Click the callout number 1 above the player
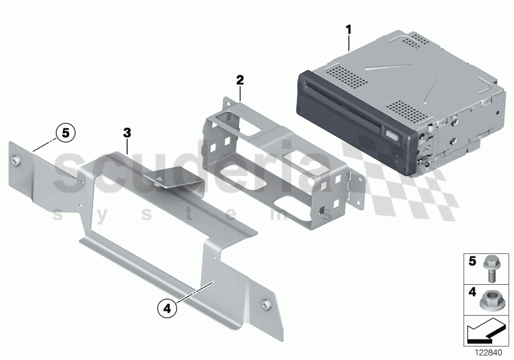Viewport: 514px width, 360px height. pos(349,29)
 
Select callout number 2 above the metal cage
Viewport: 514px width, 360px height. pos(240,80)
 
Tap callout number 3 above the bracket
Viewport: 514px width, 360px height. pos(127,132)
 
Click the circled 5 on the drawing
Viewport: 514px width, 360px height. pos(64,134)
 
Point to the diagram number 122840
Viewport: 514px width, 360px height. pos(490,351)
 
